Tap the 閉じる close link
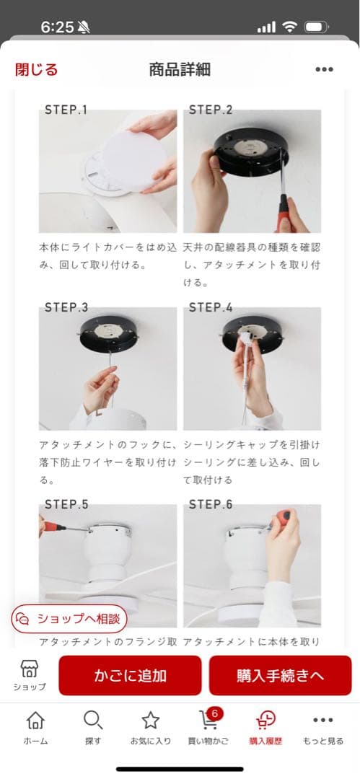click(36, 69)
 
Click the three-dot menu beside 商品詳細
click(324, 69)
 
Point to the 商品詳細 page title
click(180, 69)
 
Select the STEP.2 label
click(211, 110)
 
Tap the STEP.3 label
click(66, 307)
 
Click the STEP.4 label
click(211, 307)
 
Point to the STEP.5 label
click(66, 504)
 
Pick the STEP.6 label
click(211, 504)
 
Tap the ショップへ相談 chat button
click(69, 619)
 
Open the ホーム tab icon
click(35, 720)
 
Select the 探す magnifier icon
click(93, 720)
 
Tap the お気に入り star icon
click(150, 720)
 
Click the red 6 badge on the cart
click(214, 713)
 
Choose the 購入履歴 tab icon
click(265, 720)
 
